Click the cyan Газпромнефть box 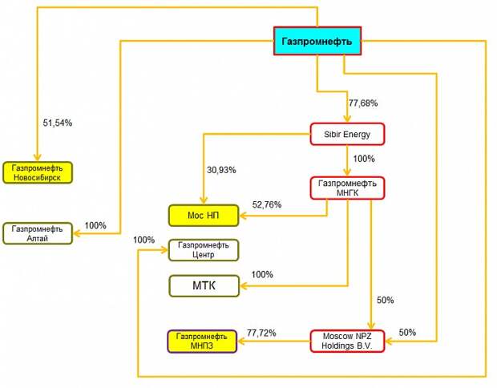tap(317, 41)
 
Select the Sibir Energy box tap(347, 134)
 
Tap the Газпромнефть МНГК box tap(347, 188)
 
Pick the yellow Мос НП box tap(204, 216)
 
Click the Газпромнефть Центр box tap(204, 250)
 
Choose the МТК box tap(204, 286)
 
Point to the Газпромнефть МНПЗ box tap(202, 342)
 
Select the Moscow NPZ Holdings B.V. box tap(347, 341)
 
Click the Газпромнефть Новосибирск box tap(38, 173)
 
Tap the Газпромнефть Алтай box tap(38, 233)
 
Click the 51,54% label tap(58, 123)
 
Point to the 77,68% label tap(363, 103)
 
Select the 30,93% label tap(221, 170)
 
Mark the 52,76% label tap(267, 204)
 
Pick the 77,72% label tap(261, 333)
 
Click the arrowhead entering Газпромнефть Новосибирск tap(38, 157)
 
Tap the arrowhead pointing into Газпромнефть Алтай tap(77, 233)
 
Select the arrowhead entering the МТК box tap(244, 286)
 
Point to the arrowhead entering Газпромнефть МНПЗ tap(241, 342)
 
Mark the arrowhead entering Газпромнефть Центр tap(164, 250)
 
